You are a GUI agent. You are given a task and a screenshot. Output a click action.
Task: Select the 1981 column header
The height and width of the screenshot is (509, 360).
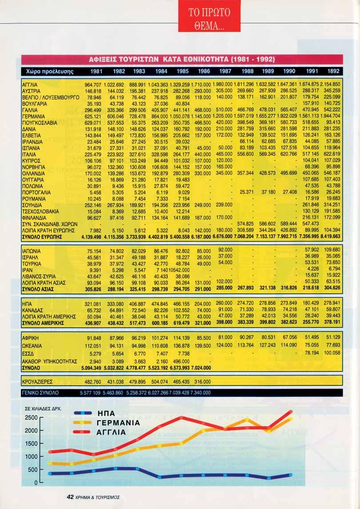pyautogui.click(x=97, y=71)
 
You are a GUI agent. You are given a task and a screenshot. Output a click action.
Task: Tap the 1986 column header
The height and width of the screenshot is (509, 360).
pyautogui.click(x=204, y=71)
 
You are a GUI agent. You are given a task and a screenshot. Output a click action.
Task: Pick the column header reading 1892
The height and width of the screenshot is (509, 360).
pyautogui.click(x=333, y=71)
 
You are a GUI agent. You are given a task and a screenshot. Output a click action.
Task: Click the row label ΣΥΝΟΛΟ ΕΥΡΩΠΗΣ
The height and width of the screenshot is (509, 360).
pyautogui.click(x=41, y=237)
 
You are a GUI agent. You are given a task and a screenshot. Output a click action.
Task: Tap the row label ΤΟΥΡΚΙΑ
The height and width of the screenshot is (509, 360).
pyautogui.click(x=31, y=263)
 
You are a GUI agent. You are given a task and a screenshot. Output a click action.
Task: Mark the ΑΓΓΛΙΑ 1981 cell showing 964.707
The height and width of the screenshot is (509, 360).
pyautogui.click(x=93, y=84)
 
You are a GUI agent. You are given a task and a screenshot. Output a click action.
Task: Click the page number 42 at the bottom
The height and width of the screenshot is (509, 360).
pyautogui.click(x=70, y=497)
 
